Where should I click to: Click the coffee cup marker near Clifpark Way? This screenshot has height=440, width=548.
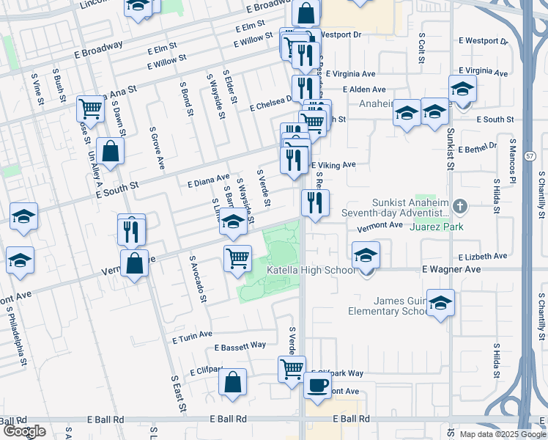click(317, 384)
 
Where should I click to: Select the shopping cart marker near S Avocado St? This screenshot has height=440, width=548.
click(237, 258)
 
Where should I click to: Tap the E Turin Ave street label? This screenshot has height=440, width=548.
click(192, 337)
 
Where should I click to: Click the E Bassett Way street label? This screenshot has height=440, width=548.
click(240, 345)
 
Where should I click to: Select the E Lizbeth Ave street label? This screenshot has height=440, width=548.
click(483, 257)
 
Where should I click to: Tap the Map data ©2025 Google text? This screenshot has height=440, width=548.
click(503, 434)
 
